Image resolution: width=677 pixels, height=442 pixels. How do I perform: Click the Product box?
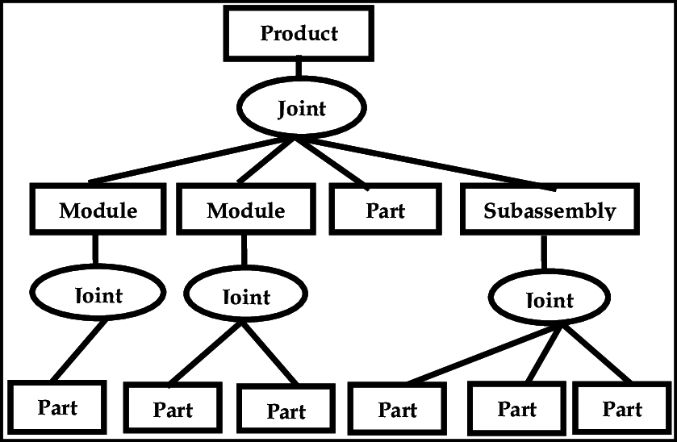(x=299, y=33)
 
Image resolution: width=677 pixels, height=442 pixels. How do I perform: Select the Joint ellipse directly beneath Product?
(x=299, y=109)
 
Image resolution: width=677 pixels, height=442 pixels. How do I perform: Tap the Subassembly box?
(x=550, y=211)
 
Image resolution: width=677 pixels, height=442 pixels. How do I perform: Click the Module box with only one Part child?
(x=98, y=211)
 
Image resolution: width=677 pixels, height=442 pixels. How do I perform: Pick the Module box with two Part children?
(x=245, y=211)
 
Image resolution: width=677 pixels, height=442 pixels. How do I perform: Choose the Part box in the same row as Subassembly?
(x=385, y=211)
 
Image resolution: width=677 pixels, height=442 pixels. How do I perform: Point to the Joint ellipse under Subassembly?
(x=549, y=300)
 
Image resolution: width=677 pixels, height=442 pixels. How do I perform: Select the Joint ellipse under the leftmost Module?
(x=98, y=295)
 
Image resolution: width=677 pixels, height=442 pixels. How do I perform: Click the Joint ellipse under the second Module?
(x=245, y=297)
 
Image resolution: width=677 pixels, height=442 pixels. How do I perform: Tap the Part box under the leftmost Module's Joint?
(x=57, y=407)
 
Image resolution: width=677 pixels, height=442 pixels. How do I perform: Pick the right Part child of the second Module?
(x=286, y=411)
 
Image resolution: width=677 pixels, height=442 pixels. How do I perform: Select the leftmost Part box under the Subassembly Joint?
(x=397, y=410)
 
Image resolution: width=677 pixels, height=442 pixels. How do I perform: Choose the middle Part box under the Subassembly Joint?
(x=516, y=409)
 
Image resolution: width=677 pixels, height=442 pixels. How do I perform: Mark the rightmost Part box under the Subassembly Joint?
(x=622, y=409)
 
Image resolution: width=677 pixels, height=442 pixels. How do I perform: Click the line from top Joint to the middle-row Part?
(x=331, y=161)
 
